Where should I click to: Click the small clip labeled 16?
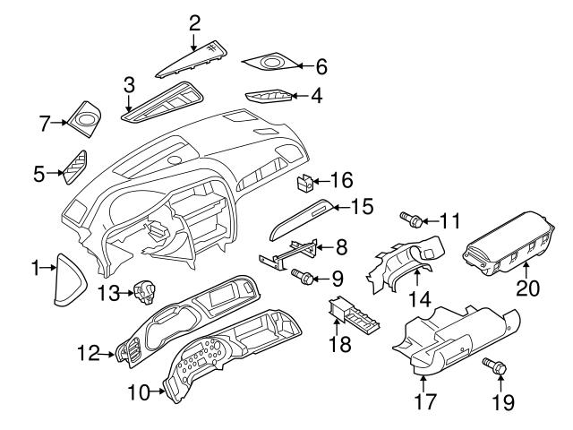pos(304,182)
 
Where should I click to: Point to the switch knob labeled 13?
pos(143,289)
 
